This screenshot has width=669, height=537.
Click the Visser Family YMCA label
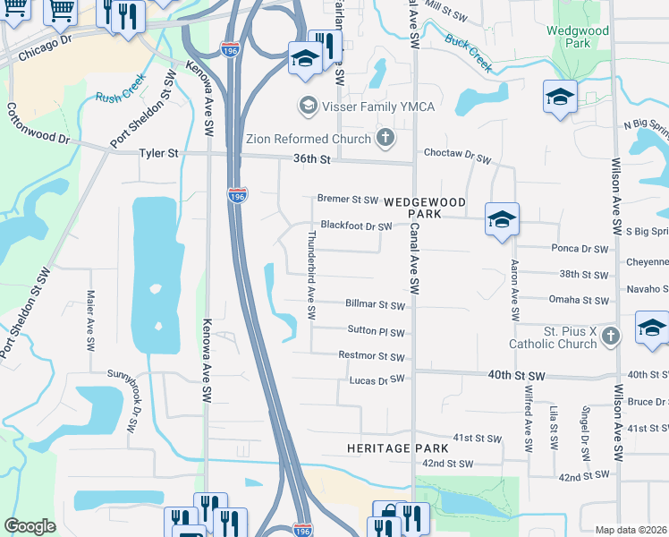tap(379, 107)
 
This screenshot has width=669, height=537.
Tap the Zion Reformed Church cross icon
tap(385, 139)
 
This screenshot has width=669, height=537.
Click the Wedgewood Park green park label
tap(579, 37)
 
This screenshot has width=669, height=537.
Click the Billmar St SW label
tap(375, 305)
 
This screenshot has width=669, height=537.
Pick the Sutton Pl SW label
tap(377, 331)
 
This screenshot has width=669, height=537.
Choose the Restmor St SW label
tap(372, 356)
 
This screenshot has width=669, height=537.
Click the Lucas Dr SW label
tap(377, 380)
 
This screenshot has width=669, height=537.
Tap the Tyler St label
tap(158, 154)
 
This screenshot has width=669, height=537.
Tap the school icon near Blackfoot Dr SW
tap(502, 219)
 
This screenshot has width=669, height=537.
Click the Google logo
tap(30, 526)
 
